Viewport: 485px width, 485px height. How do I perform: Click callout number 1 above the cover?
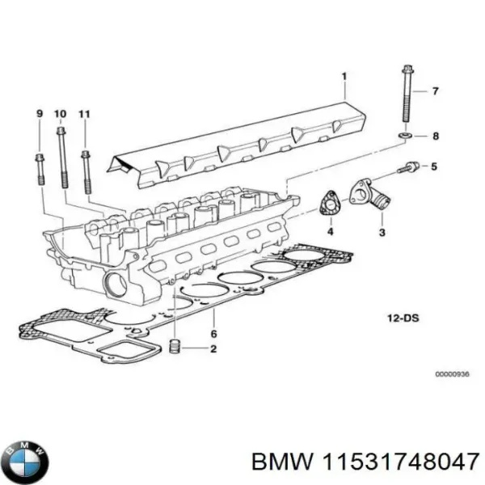343,77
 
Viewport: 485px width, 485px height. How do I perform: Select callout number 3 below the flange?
381,232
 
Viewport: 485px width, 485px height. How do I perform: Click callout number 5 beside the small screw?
434,167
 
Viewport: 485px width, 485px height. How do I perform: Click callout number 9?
39,113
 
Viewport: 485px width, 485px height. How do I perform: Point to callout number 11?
84,113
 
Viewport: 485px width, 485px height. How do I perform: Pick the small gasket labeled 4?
329,204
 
